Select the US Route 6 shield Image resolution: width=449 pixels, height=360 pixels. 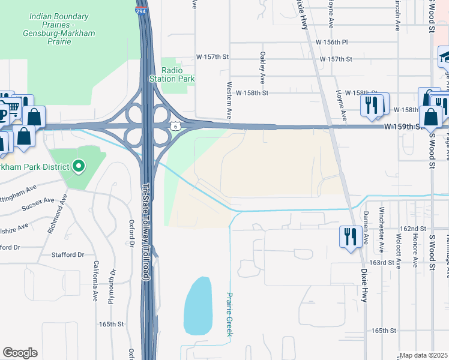(x=175, y=126)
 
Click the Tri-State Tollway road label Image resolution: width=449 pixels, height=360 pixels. (x=145, y=232)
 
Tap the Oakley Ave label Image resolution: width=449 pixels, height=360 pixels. (x=262, y=67)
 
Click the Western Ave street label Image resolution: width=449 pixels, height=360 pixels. (x=229, y=100)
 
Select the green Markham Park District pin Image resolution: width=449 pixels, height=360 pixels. (x=79, y=166)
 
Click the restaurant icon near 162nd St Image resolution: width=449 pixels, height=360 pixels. (x=349, y=236)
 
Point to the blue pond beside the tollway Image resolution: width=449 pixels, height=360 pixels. (x=198, y=306)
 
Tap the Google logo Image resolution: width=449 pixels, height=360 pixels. (x=20, y=353)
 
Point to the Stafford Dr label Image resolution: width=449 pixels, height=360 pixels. (x=73, y=254)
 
